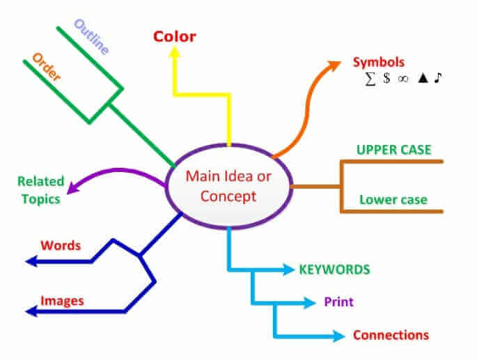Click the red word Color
pyautogui.click(x=175, y=36)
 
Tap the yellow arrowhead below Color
pyautogui.click(x=175, y=57)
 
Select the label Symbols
pyautogui.click(x=378, y=63)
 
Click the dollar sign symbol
pyautogui.click(x=386, y=79)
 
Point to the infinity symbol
pyautogui.click(x=402, y=79)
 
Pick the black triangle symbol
pyautogui.click(x=422, y=79)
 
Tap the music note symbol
pyautogui.click(x=437, y=79)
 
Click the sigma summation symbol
pyautogui.click(x=370, y=79)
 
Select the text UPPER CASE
pyautogui.click(x=393, y=150)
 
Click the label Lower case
pyautogui.click(x=393, y=200)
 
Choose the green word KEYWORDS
pyautogui.click(x=334, y=269)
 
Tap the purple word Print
pyautogui.click(x=339, y=302)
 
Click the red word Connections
pyautogui.click(x=391, y=335)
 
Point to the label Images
pyautogui.click(x=62, y=301)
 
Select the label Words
pyautogui.click(x=61, y=245)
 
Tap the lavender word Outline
pyautogui.click(x=91, y=38)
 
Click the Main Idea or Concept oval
pyautogui.click(x=228, y=185)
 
